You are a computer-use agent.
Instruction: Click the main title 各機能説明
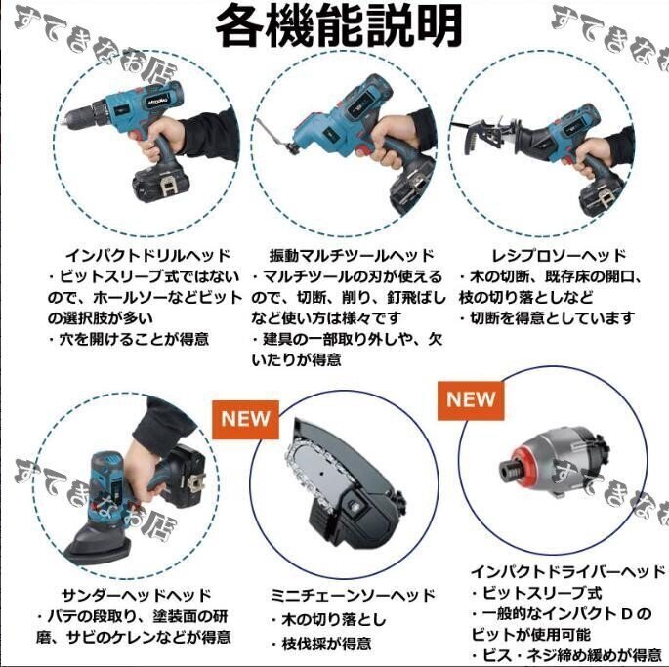[x=339, y=25]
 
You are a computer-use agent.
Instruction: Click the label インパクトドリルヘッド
[x=147, y=256]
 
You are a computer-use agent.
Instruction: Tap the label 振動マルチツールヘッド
[x=352, y=256]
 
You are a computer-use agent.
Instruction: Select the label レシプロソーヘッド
[x=559, y=256]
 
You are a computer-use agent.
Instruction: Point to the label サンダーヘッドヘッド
[x=137, y=595]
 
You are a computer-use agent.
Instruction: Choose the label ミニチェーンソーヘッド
[x=353, y=595]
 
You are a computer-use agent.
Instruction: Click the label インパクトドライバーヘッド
[x=567, y=572]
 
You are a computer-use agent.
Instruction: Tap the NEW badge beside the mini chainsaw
[x=245, y=420]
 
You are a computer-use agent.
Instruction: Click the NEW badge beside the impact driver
[x=471, y=400]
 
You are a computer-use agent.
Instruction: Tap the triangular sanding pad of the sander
[x=97, y=544]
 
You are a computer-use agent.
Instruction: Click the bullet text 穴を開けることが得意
[x=128, y=340]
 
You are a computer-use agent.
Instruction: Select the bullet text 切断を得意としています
[x=547, y=318]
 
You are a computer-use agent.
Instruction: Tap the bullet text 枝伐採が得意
[x=321, y=644]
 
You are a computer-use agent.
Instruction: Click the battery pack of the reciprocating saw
[x=602, y=198]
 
